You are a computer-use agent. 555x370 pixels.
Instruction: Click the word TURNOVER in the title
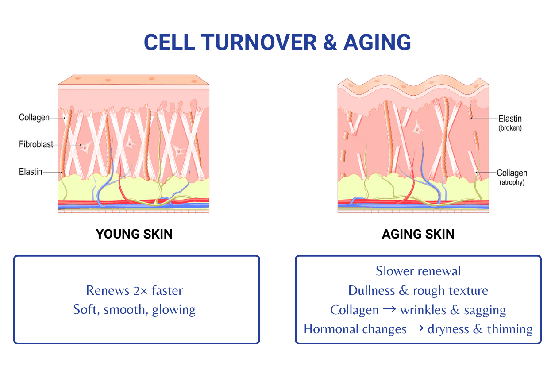pos(259,42)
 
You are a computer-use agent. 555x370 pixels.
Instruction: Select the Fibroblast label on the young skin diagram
pos(36,144)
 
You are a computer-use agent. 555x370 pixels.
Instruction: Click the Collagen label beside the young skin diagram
pos(34,118)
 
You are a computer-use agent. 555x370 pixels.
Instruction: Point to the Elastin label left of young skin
pos(31,171)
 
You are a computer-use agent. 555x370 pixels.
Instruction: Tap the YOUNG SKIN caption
pos(134,234)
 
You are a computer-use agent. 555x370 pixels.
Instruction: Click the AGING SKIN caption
pos(418,234)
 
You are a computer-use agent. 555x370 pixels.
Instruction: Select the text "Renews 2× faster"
pos(134,290)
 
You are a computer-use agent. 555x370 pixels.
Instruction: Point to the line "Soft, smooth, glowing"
pos(134,309)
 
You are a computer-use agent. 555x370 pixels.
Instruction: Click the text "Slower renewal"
pos(418,271)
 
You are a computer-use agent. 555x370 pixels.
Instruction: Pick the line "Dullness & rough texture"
pos(418,290)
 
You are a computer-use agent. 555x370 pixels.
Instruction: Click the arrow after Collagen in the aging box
pos(389,310)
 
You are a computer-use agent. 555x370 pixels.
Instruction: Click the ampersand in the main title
pos(330,42)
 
